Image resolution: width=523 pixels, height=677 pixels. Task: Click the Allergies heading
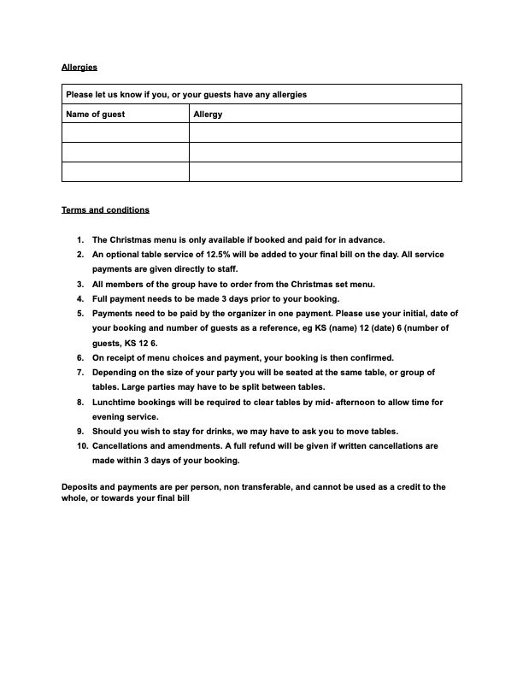(x=79, y=66)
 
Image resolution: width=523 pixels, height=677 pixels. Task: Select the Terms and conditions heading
(x=105, y=209)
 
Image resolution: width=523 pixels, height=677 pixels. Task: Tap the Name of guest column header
(x=96, y=114)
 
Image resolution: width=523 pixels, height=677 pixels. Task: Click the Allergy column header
(x=208, y=114)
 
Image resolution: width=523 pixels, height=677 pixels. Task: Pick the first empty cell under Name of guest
(x=125, y=132)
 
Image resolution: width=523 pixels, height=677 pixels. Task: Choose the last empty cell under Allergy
(x=325, y=172)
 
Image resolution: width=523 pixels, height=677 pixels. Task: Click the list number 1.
(x=79, y=240)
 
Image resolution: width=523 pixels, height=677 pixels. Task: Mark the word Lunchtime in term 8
(x=115, y=402)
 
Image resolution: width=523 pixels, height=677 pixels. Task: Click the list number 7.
(x=79, y=372)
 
